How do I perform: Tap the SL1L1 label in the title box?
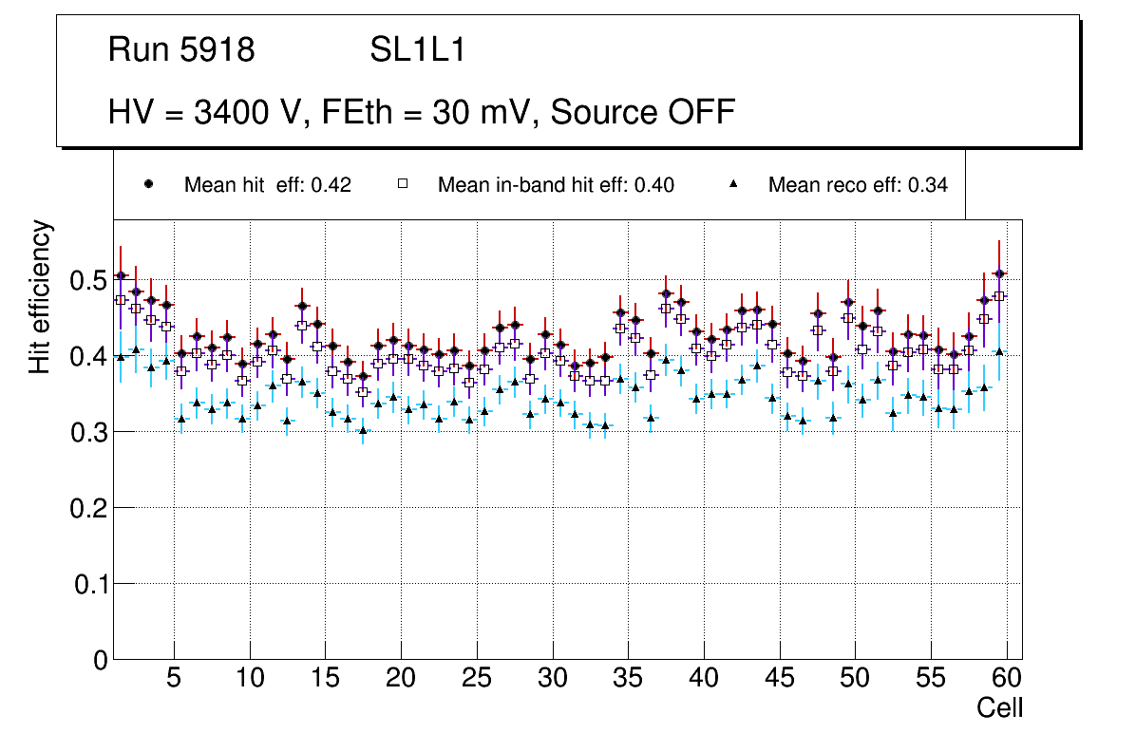click(x=417, y=50)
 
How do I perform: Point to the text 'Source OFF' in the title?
click(x=643, y=112)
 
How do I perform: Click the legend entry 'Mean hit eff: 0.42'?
click(x=267, y=185)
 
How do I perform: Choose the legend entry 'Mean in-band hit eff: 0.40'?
click(x=556, y=185)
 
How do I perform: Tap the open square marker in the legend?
click(x=403, y=184)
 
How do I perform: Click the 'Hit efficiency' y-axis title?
click(x=41, y=296)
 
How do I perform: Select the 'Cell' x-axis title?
click(x=1000, y=707)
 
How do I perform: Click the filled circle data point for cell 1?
click(x=121, y=276)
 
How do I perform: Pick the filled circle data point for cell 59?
click(x=998, y=273)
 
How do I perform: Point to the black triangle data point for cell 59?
click(x=998, y=351)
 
